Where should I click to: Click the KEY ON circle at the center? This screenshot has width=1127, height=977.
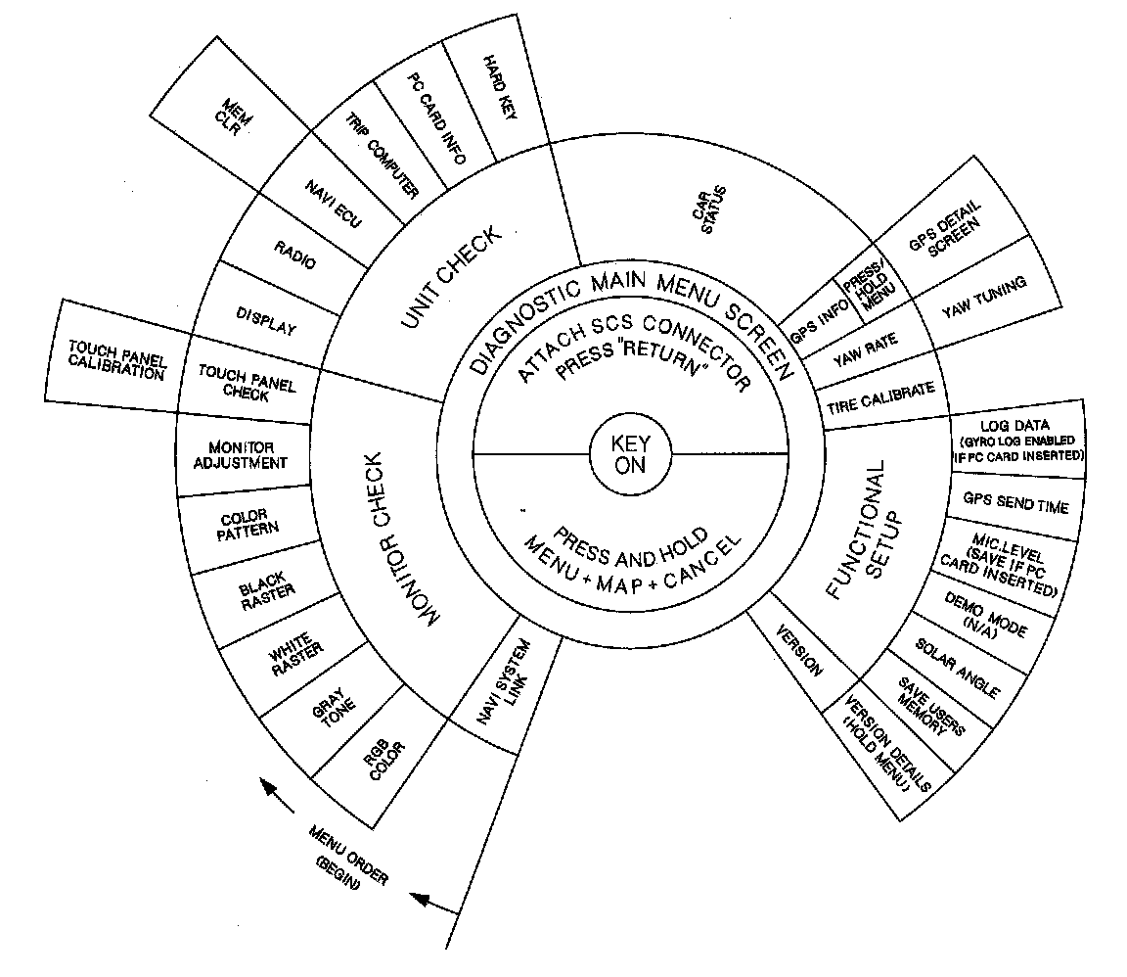click(631, 455)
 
